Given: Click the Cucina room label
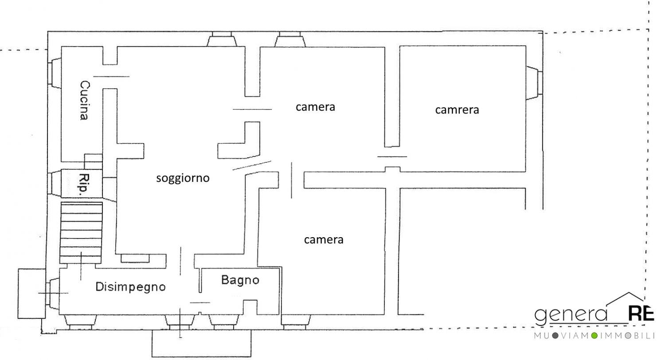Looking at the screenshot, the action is pyautogui.click(x=84, y=100).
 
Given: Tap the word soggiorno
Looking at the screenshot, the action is pyautogui.click(x=183, y=178).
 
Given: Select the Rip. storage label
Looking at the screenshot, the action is pyautogui.click(x=85, y=184).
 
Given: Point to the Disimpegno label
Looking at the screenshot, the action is pyautogui.click(x=130, y=287).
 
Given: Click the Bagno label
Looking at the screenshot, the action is pyautogui.click(x=240, y=280).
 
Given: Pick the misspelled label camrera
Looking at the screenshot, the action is pyautogui.click(x=457, y=110).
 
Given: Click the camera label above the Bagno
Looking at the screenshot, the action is pyautogui.click(x=324, y=240).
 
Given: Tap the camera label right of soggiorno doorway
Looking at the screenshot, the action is pyautogui.click(x=315, y=107).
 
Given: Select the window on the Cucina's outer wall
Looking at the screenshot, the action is pyautogui.click(x=55, y=73).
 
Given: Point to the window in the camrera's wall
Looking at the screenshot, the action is pyautogui.click(x=534, y=83).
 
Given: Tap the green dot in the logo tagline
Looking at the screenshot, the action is pyautogui.click(x=594, y=336).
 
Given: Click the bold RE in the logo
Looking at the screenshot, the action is pyautogui.click(x=641, y=314).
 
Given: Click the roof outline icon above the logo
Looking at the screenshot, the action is pyautogui.click(x=625, y=299).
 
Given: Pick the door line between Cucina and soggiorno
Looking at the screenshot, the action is pyautogui.click(x=111, y=77).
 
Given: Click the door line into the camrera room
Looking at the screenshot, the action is pyautogui.click(x=392, y=157).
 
